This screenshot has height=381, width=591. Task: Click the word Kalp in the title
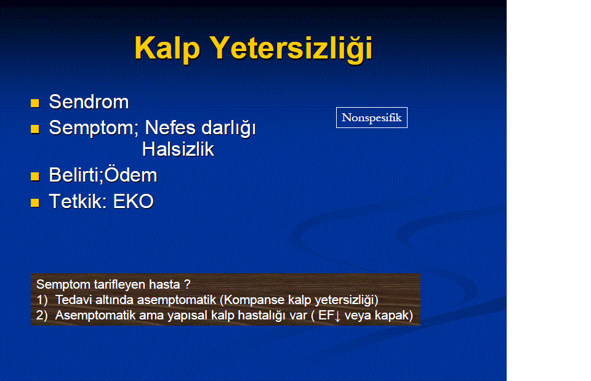[x=167, y=49]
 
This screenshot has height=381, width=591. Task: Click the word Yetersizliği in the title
[x=291, y=49]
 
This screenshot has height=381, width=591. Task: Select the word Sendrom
[x=89, y=102]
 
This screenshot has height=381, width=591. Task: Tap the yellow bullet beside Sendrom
[x=35, y=103]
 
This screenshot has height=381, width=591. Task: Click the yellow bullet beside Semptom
[x=35, y=129]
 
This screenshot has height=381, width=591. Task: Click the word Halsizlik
[x=178, y=149]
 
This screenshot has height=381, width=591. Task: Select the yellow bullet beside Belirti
[x=35, y=177]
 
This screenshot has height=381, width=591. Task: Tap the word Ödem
[x=131, y=174]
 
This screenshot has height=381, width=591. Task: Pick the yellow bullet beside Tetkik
[x=35, y=203]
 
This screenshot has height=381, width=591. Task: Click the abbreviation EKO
[x=134, y=201]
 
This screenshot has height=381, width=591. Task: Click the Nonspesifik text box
[x=372, y=118]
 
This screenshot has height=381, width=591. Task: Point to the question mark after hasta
[x=187, y=284]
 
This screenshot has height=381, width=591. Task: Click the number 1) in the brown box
[x=42, y=300]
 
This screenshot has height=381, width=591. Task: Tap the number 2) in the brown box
[x=42, y=315]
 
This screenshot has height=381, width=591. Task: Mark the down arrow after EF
[x=337, y=316]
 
